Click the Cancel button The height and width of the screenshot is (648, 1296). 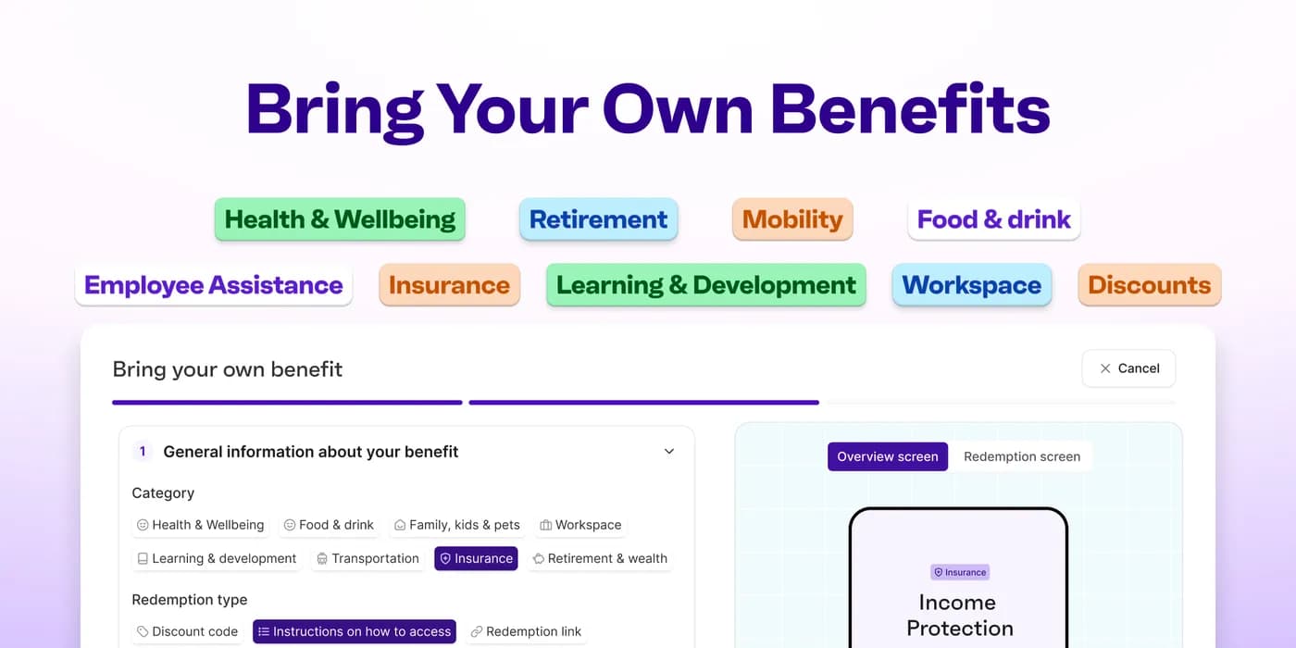tap(1128, 368)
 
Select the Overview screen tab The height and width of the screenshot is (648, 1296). tap(888, 456)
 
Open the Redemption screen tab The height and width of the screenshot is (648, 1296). tap(1022, 456)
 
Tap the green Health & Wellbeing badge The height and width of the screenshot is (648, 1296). tap(340, 219)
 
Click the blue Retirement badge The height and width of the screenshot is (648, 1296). tap(598, 219)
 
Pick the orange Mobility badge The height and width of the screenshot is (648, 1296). tap(792, 219)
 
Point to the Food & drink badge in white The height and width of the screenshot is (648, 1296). tap(994, 219)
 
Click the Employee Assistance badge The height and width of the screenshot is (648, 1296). tap(214, 285)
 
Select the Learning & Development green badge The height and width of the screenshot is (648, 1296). tap(705, 285)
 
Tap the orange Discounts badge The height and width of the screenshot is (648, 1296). tap(1150, 285)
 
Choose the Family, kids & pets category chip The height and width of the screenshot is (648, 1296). tap(457, 525)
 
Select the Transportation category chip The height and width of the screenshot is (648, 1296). tap(368, 558)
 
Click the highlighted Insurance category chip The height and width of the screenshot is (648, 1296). tap(476, 558)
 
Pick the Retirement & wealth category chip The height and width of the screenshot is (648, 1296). tap(600, 558)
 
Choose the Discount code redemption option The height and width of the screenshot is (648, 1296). tap(187, 631)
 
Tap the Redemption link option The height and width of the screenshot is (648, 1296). tap(526, 631)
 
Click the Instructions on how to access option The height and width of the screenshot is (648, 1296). tap(354, 631)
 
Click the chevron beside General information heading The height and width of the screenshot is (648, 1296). tap(668, 452)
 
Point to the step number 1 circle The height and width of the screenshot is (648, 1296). tap(143, 452)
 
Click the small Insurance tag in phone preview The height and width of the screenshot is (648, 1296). tap(960, 572)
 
